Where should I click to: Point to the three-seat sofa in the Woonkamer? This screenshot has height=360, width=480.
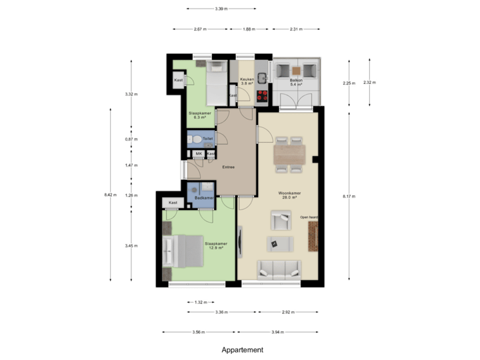point(279,269)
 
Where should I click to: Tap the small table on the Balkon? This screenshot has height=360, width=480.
point(296,69)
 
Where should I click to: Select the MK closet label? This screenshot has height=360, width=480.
point(199,153)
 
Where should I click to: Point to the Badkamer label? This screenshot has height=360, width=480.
point(204,198)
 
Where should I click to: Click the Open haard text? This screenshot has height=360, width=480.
point(309,217)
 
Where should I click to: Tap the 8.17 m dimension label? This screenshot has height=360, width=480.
point(349,196)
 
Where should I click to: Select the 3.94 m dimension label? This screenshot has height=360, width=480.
point(278,332)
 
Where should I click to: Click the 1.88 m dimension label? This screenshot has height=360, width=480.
point(247,29)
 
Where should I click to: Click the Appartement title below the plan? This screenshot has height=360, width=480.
point(243,349)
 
